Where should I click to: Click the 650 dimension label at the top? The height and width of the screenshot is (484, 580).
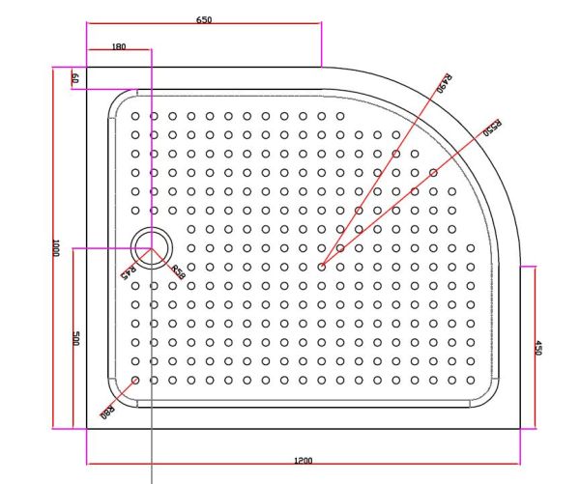[x=204, y=19]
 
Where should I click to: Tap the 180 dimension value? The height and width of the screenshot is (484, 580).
[x=119, y=46]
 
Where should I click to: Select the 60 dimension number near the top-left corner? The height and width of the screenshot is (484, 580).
[x=74, y=78]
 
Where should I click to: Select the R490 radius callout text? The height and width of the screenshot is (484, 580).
[x=446, y=83]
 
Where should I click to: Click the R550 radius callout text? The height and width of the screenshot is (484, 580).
[x=492, y=128]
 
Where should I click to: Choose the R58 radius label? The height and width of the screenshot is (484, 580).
[x=177, y=272]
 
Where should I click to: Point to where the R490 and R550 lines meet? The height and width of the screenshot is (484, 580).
[x=322, y=266]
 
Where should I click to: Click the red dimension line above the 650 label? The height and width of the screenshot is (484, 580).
[x=204, y=27]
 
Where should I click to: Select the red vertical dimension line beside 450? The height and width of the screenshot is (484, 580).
[x=531, y=347]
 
